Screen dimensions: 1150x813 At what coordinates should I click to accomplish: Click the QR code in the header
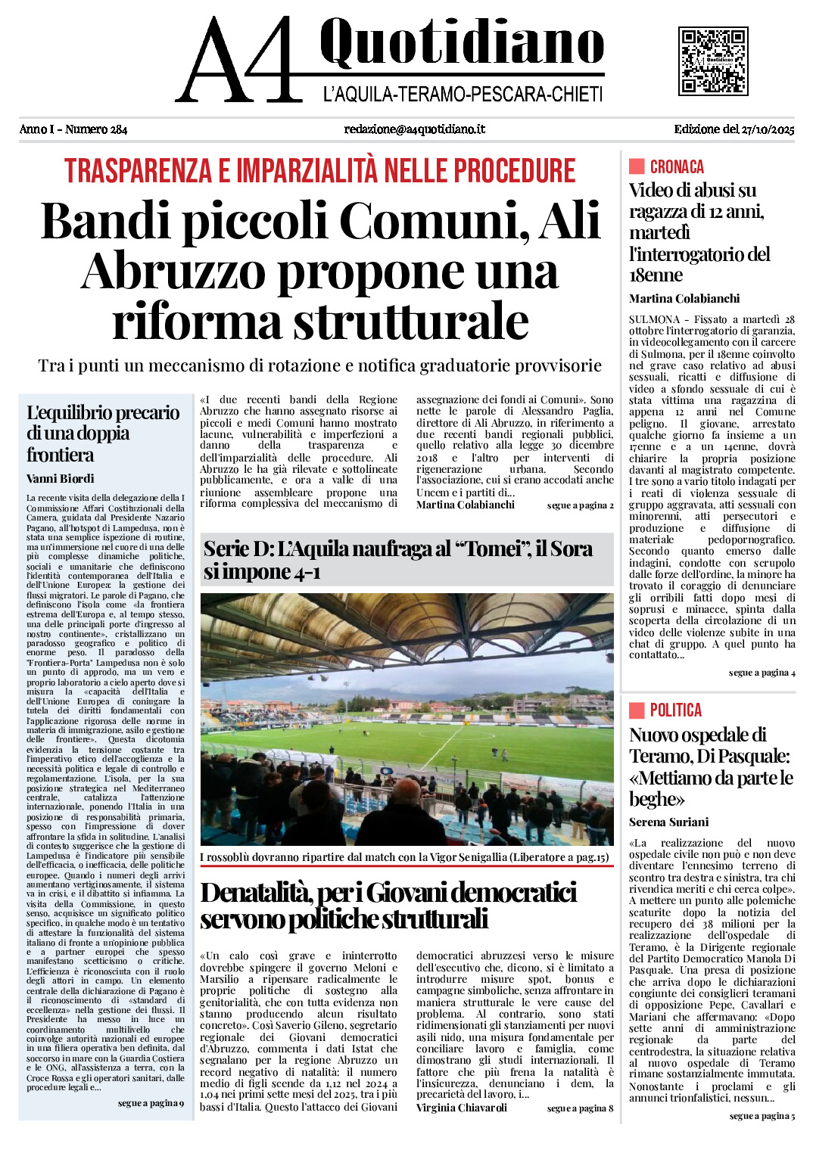click(x=712, y=61)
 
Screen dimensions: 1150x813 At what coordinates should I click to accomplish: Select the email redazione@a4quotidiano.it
click(x=414, y=129)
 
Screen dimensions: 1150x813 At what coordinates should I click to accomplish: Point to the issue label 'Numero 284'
click(x=96, y=129)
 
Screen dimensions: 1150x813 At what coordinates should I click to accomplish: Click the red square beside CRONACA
click(x=637, y=166)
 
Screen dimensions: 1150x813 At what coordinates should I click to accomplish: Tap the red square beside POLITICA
click(x=637, y=710)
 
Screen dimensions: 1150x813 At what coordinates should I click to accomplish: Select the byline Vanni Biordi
click(x=61, y=478)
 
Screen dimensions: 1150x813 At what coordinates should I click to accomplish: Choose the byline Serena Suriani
click(x=668, y=822)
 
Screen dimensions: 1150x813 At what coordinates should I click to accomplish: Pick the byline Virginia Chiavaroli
click(x=462, y=1108)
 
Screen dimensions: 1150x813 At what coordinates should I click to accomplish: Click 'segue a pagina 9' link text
click(x=151, y=1103)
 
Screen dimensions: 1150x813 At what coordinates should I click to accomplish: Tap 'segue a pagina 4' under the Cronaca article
click(x=762, y=673)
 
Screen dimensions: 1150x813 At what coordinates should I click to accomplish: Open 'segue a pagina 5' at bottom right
click(x=762, y=1115)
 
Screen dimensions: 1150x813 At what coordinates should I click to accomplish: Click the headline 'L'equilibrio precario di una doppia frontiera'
click(x=103, y=434)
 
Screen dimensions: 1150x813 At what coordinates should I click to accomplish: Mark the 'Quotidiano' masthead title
click(x=462, y=43)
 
